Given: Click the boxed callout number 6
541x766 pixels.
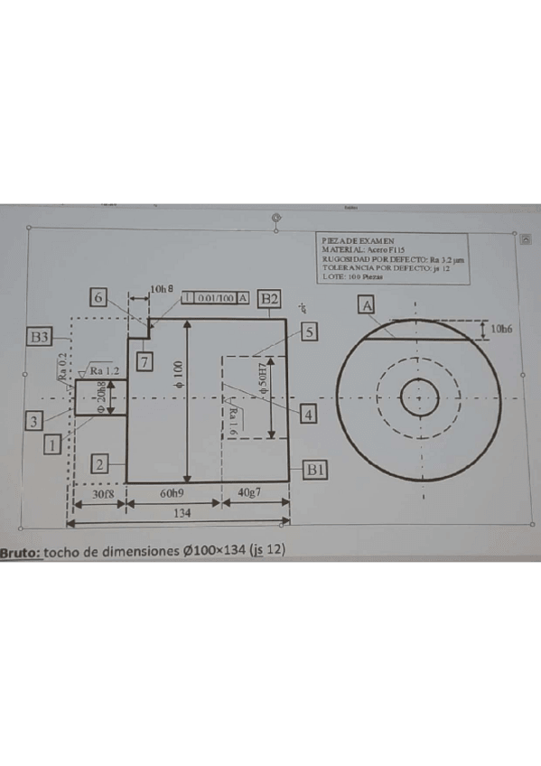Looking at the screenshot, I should (x=99, y=298).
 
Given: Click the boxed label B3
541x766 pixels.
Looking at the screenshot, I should (x=39, y=337).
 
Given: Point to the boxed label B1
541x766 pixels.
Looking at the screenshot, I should (x=315, y=470).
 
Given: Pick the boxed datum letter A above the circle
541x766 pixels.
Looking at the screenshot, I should (x=368, y=306).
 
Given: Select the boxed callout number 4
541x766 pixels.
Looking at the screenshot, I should (x=309, y=415).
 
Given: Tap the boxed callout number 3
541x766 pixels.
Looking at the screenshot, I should (x=34, y=421).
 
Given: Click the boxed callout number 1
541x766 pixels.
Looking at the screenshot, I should (x=53, y=444).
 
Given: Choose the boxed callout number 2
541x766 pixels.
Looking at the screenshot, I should (x=99, y=463).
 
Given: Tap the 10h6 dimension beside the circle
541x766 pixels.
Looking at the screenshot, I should (x=502, y=330).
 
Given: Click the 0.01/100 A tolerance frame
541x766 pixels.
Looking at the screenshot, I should (x=216, y=297).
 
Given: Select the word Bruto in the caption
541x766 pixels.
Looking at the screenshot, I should (x=20, y=550).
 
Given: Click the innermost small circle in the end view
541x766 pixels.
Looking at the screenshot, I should (x=419, y=397).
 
